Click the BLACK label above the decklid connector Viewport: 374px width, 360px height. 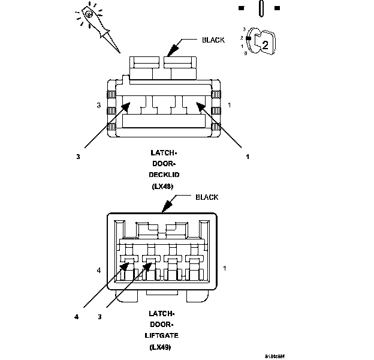pyautogui.click(x=213, y=40)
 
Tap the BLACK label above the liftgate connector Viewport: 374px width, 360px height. pyautogui.click(x=207, y=197)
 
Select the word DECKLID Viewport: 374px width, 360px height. pyautogui.click(x=165, y=175)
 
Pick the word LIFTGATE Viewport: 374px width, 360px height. pyautogui.click(x=164, y=336)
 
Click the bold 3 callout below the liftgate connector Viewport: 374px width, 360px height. pyautogui.click(x=100, y=316)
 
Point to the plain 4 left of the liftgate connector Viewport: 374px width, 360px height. pyautogui.click(x=99, y=271)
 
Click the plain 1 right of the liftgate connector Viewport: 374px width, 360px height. pyautogui.click(x=224, y=268)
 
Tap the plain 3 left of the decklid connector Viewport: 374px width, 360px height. pyautogui.click(x=99, y=106)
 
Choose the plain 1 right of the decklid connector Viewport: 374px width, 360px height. pyautogui.click(x=229, y=105)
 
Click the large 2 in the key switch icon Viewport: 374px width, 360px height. pyautogui.click(x=265, y=43)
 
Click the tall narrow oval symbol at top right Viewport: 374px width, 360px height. pyautogui.click(x=260, y=9)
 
